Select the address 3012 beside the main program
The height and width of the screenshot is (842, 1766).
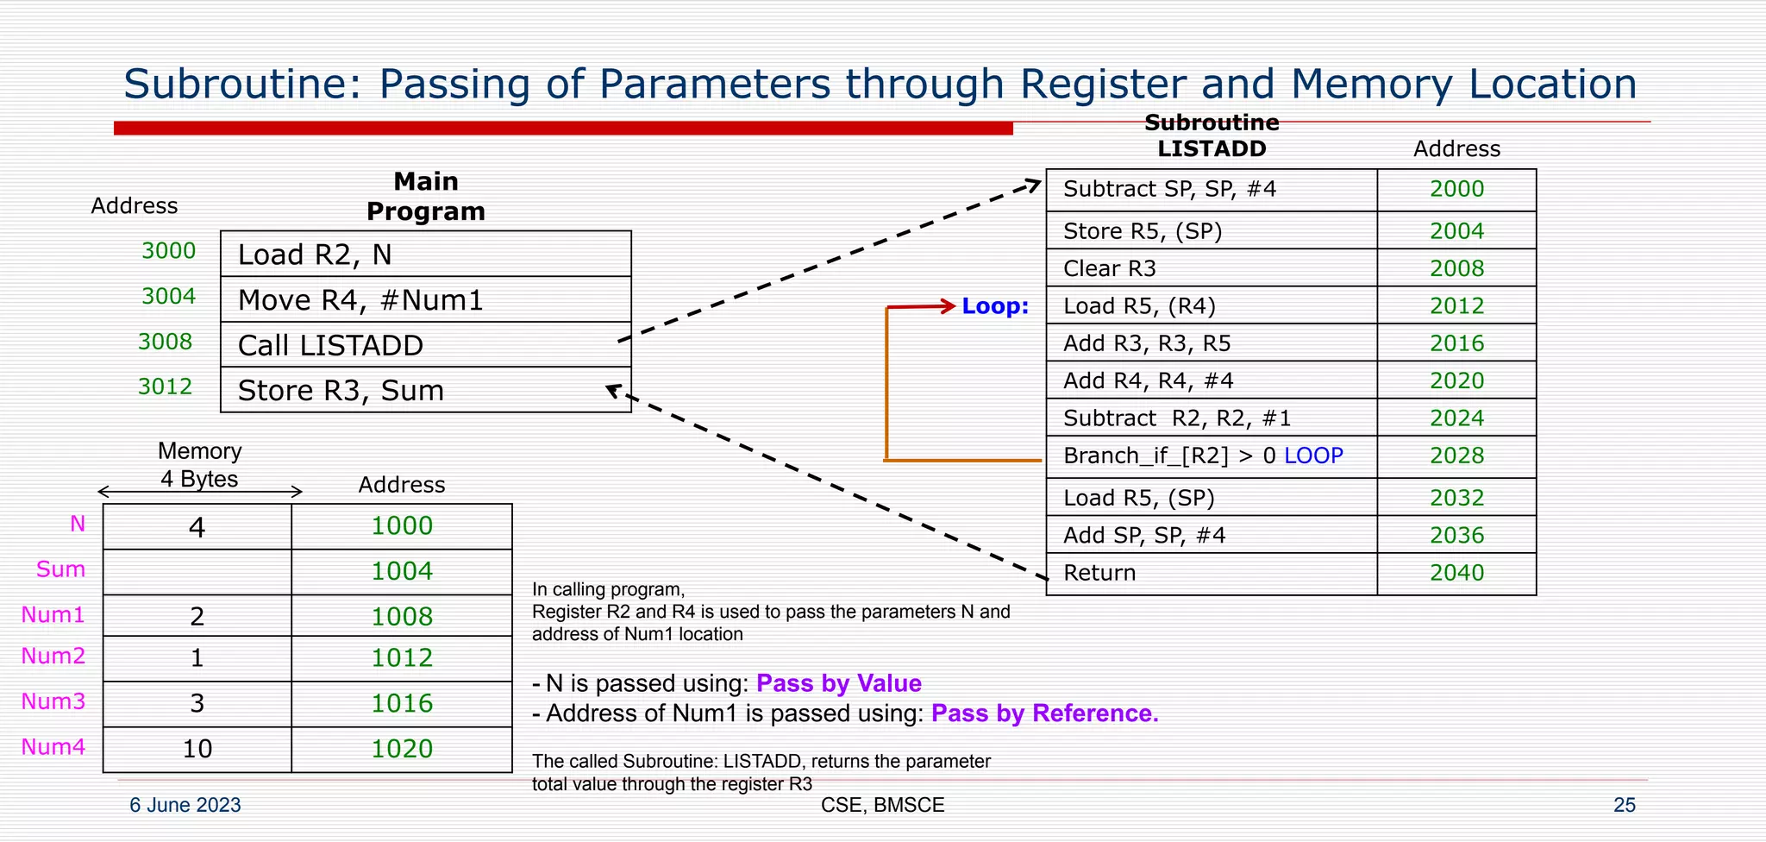click(x=165, y=386)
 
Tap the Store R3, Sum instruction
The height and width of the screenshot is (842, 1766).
click(x=341, y=391)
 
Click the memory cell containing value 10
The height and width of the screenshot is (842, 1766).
click(x=197, y=749)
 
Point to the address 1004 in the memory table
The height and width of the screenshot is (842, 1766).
click(x=402, y=571)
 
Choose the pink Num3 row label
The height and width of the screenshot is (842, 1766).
click(x=53, y=701)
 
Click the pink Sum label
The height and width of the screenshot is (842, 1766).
click(x=60, y=569)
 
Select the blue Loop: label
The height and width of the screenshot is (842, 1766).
click(x=995, y=306)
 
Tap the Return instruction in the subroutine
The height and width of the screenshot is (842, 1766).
click(x=1099, y=573)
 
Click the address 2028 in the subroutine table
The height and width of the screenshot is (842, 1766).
click(x=1456, y=456)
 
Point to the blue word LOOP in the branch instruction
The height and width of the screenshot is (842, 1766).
click(x=1313, y=456)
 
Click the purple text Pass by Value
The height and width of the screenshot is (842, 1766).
click(x=838, y=683)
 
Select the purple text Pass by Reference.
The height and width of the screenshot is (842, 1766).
click(x=1044, y=713)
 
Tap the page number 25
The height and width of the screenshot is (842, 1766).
click(x=1624, y=805)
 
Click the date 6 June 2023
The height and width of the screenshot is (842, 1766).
click(x=185, y=805)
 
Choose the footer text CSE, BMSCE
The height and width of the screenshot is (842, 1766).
click(x=882, y=805)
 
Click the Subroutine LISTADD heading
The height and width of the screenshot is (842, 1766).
click(x=1212, y=135)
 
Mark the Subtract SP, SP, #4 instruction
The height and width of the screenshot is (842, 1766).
click(x=1169, y=189)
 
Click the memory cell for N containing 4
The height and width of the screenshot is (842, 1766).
click(x=197, y=527)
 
